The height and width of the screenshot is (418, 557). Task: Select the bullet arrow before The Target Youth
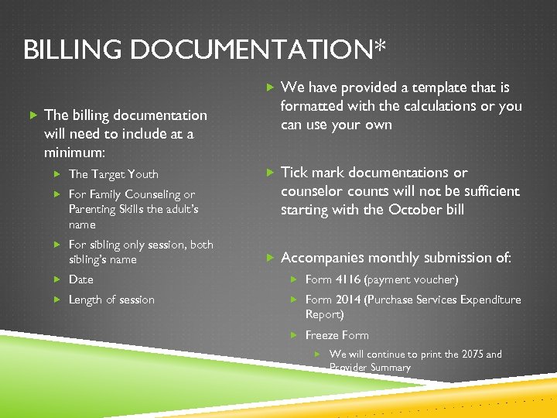point(57,174)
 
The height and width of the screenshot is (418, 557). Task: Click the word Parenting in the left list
point(93,209)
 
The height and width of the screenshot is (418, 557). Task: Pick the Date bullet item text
point(80,279)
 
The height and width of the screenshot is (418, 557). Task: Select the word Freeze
point(322,335)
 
